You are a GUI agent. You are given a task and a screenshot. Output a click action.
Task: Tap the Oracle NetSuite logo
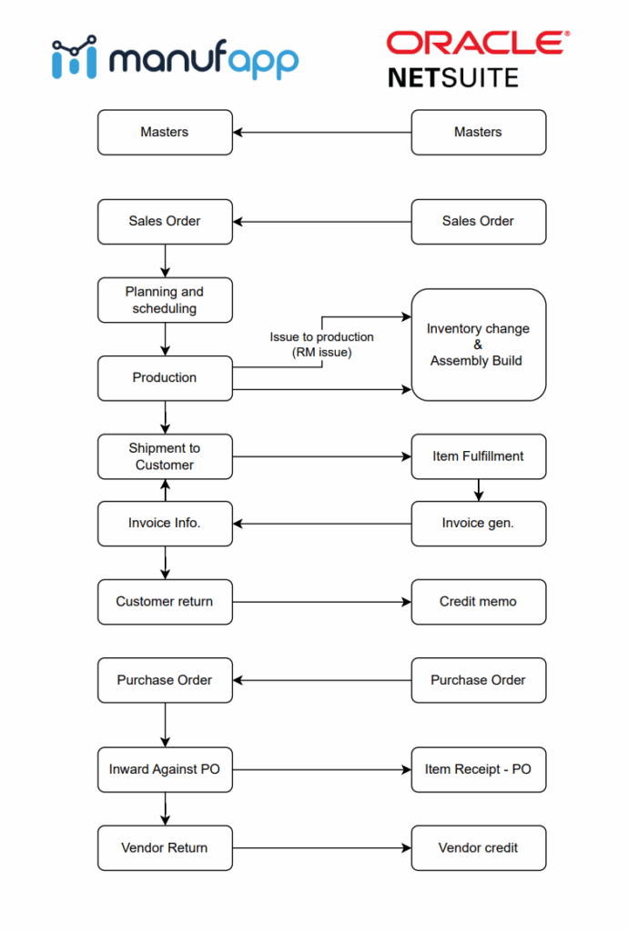pyautogui.click(x=478, y=59)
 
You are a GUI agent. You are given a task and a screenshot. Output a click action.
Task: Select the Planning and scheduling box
pyautogui.click(x=165, y=300)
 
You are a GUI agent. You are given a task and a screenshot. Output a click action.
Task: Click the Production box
pyautogui.click(x=165, y=378)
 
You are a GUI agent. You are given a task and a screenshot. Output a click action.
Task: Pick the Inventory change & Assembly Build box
pyautogui.click(x=478, y=345)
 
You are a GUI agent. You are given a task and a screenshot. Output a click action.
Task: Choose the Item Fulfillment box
pyautogui.click(x=478, y=456)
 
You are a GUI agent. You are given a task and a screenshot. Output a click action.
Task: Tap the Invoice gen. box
pyautogui.click(x=478, y=524)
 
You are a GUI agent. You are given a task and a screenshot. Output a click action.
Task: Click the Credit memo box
pyautogui.click(x=478, y=602)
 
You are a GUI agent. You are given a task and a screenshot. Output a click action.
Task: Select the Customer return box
pyautogui.click(x=165, y=602)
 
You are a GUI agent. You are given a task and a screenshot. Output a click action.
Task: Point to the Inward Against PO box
pyautogui.click(x=165, y=769)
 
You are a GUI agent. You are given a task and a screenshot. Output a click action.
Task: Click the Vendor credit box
pyautogui.click(x=478, y=848)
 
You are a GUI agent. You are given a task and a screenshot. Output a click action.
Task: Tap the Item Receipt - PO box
pyautogui.click(x=478, y=769)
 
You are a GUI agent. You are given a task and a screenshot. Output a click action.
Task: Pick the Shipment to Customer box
pyautogui.click(x=165, y=456)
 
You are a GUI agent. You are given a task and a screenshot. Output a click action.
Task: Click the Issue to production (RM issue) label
pyautogui.click(x=321, y=345)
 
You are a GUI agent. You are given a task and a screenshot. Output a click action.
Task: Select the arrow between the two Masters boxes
pyautogui.click(x=322, y=133)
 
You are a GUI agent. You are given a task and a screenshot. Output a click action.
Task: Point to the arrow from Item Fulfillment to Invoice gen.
pyautogui.click(x=478, y=490)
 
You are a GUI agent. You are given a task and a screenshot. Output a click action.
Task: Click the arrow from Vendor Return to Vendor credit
pyautogui.click(x=322, y=848)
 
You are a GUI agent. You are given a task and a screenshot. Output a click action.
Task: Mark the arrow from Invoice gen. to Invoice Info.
pyautogui.click(x=322, y=524)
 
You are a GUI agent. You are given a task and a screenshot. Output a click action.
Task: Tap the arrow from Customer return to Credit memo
pyautogui.click(x=322, y=602)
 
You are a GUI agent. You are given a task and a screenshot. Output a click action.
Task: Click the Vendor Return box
pyautogui.click(x=165, y=848)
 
